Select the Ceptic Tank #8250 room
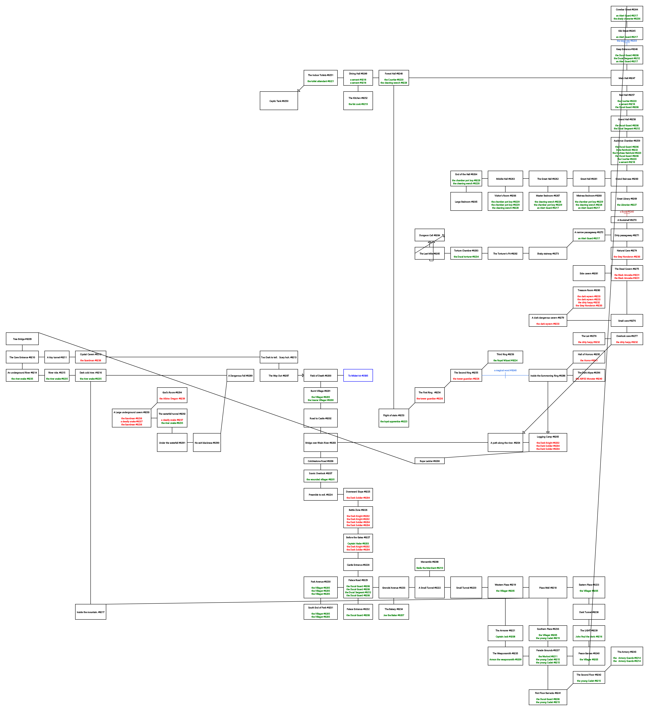pos(279,101)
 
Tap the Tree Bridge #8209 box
pos(22,339)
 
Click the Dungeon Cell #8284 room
pos(429,235)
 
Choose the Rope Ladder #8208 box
pos(429,461)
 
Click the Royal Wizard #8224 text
pos(505,360)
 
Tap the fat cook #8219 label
pos(358,104)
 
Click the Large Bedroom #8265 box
pos(466,202)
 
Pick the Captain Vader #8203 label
pos(358,544)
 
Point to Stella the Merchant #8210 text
pos(429,568)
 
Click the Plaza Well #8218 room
pos(548,588)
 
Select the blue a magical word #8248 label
pos(505,370)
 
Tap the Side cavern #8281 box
pos(589,273)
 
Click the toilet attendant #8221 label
pos(320,81)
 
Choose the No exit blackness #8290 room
pos(207,443)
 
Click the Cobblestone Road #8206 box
pos(320,461)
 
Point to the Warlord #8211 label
pos(548,656)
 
